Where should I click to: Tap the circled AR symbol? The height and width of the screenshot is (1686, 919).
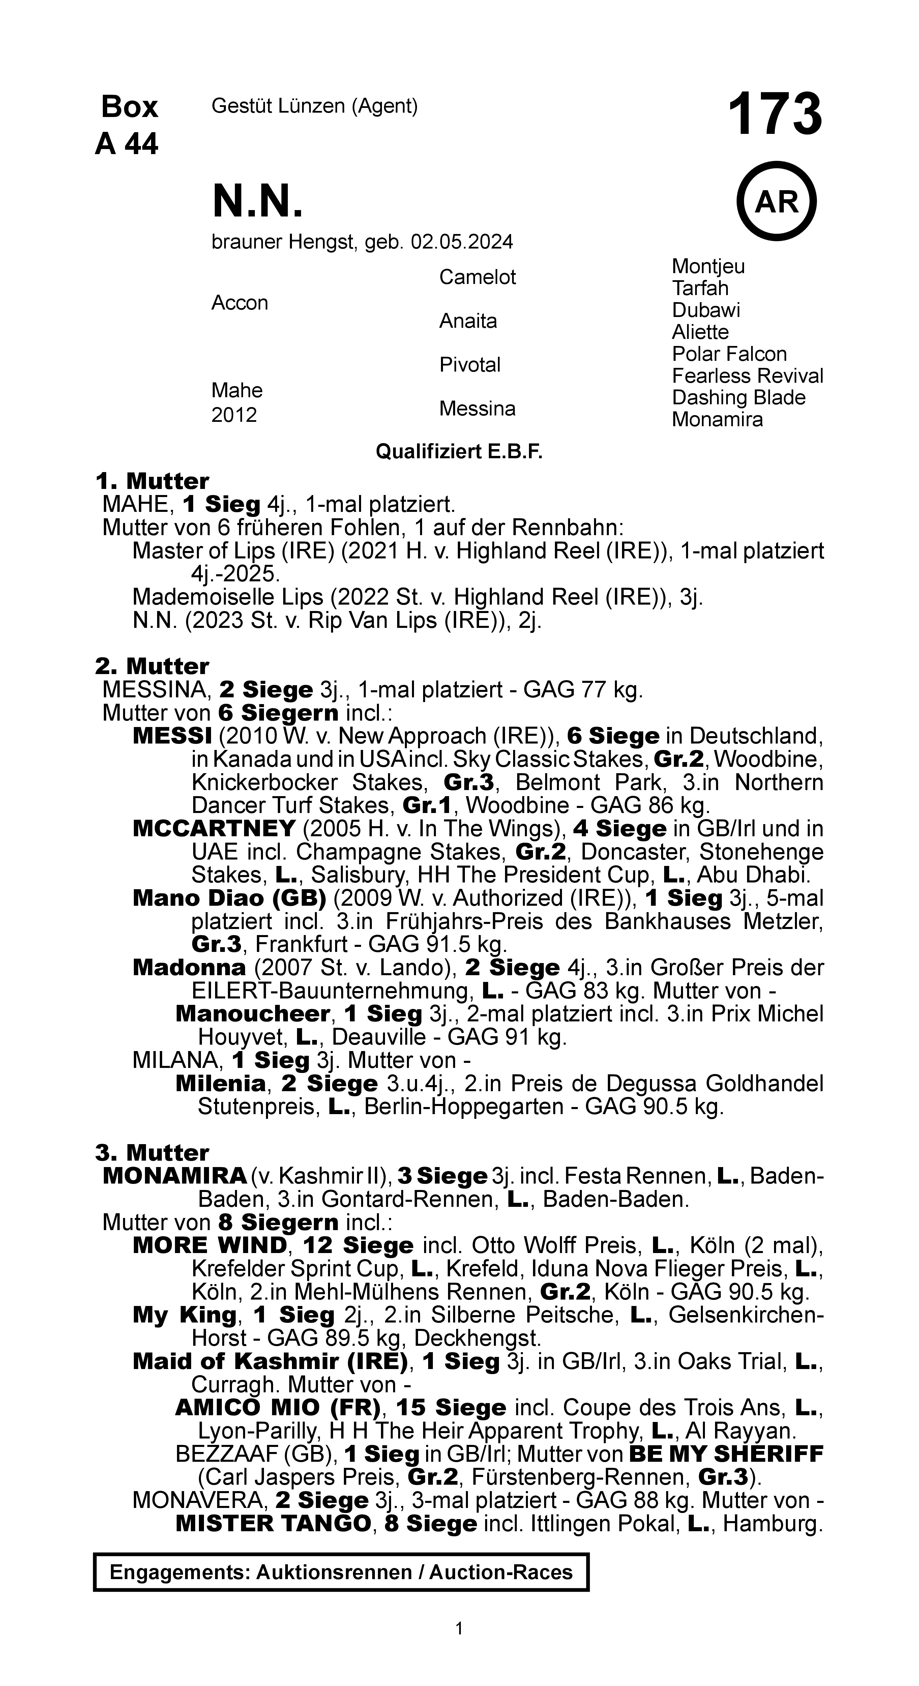click(x=776, y=202)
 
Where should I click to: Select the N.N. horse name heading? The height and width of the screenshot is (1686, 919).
click(x=258, y=202)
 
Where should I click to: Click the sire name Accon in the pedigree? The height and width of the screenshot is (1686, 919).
click(x=240, y=303)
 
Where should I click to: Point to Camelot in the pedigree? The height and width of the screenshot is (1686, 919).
click(x=477, y=278)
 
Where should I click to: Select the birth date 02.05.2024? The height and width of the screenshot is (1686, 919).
click(x=462, y=242)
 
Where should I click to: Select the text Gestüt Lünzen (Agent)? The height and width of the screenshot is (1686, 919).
click(x=314, y=106)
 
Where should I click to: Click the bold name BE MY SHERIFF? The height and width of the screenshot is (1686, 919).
click(x=725, y=1454)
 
